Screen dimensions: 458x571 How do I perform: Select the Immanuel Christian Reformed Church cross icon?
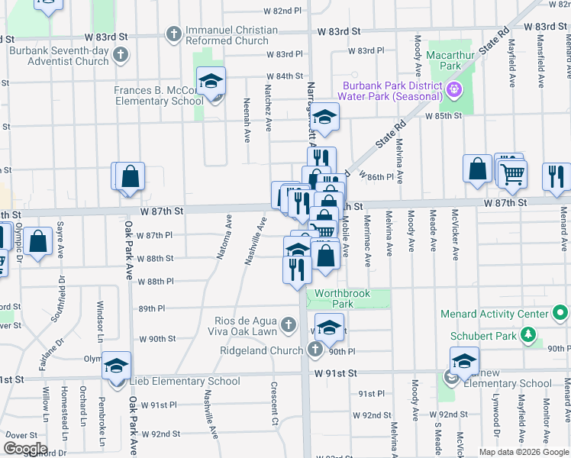[x=174, y=35]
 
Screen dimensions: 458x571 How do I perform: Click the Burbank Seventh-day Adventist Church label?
[x=60, y=56]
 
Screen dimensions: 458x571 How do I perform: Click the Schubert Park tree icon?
[x=527, y=334]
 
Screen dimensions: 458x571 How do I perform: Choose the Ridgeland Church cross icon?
[x=316, y=350]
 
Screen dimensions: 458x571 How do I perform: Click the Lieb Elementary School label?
[x=188, y=381]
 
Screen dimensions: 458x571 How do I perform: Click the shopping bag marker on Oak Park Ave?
[x=131, y=176]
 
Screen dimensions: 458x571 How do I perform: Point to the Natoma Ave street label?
[x=224, y=237]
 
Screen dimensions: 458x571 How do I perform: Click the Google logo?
[x=25, y=449]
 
